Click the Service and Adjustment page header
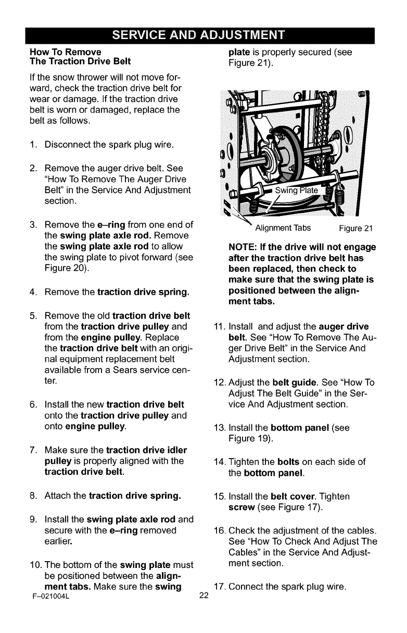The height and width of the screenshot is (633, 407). pyautogui.click(x=203, y=35)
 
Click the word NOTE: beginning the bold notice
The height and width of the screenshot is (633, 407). pyautogui.click(x=245, y=247)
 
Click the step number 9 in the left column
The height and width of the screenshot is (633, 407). pyautogui.click(x=33, y=519)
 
